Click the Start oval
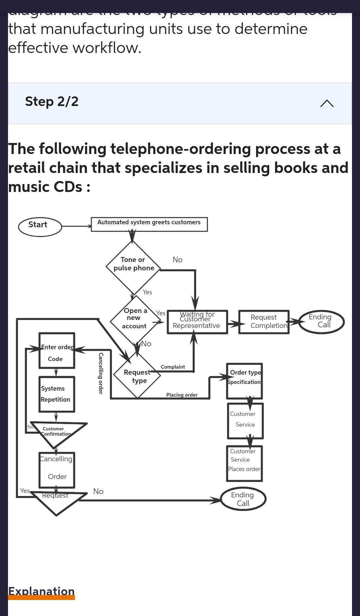click(40, 227)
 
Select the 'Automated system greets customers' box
click(149, 224)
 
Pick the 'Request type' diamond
click(137, 375)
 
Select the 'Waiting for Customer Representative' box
click(197, 322)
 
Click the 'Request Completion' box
click(264, 322)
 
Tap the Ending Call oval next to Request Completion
click(321, 322)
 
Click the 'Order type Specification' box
click(244, 381)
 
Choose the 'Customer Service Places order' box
click(244, 463)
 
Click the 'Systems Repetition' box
click(56, 394)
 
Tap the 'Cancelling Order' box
click(56, 470)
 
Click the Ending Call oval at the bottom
click(243, 499)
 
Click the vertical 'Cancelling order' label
click(101, 373)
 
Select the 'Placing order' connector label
click(182, 395)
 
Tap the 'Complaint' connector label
click(173, 367)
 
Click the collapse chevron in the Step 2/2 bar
click(327, 103)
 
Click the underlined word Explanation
click(41, 591)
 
